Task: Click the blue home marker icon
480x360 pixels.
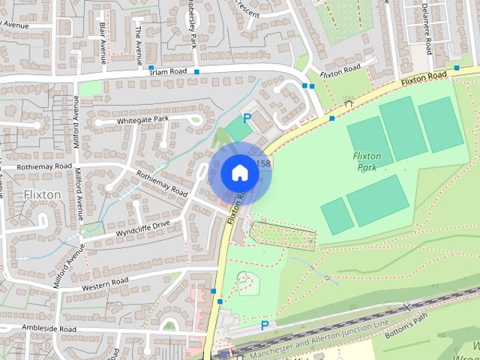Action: pyautogui.click(x=239, y=172)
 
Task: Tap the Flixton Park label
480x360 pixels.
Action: pyautogui.click(x=367, y=161)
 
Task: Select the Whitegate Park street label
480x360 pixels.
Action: pyautogui.click(x=142, y=120)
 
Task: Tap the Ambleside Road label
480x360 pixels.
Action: pyautogui.click(x=49, y=328)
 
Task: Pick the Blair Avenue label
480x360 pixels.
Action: pyautogui.click(x=102, y=38)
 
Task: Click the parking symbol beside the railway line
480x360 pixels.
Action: pyautogui.click(x=264, y=325)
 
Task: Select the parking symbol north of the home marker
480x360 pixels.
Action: pyautogui.click(x=247, y=118)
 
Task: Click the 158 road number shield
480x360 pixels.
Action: pyautogui.click(x=262, y=163)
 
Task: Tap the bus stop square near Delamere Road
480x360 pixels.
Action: pyautogui.click(x=457, y=68)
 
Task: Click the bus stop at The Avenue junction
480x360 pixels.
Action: pyautogui.click(x=151, y=67)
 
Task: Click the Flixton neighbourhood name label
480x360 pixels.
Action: pyautogui.click(x=42, y=194)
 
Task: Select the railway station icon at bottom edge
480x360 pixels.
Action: pyautogui.click(x=223, y=354)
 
